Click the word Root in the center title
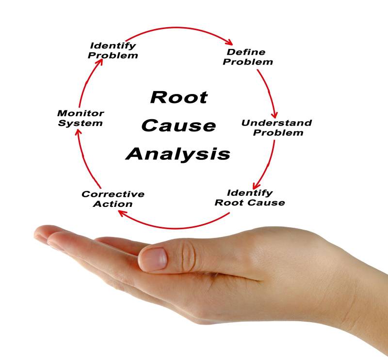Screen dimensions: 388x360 (179, 97)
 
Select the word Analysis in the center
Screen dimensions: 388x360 (178, 154)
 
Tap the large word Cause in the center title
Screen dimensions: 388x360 (178, 125)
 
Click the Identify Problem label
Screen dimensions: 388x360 (113, 51)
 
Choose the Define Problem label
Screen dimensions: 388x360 (248, 57)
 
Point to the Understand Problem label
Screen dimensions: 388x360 (276, 128)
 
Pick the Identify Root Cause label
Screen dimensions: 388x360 (250, 198)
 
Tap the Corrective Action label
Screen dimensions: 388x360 (113, 199)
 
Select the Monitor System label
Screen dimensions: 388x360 (81, 118)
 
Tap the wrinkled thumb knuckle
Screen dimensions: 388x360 (189, 256)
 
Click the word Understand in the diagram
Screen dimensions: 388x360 (276, 123)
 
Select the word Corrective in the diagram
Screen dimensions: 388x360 (113, 194)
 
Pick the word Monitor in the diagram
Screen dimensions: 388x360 (81, 113)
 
